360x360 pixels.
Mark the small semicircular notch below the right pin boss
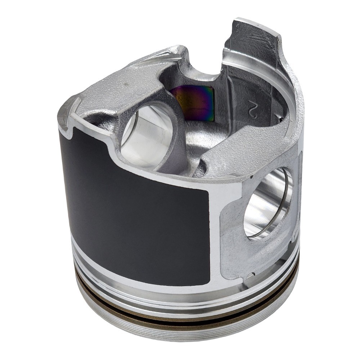252,274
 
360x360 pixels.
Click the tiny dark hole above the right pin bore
252,177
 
